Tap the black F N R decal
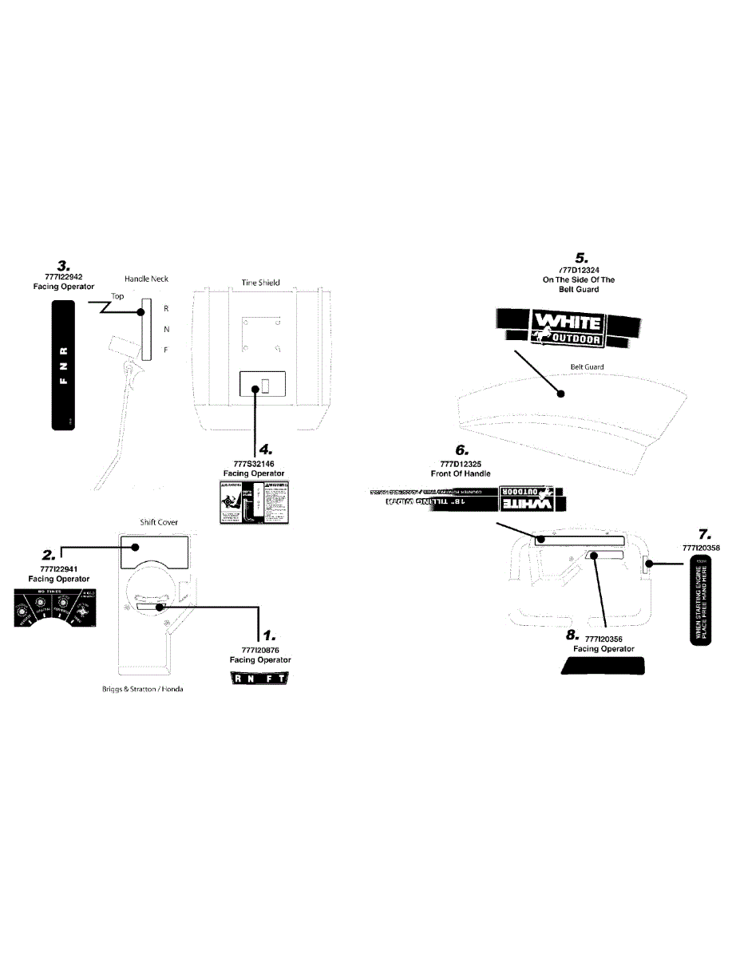(63, 366)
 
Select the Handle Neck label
(146, 279)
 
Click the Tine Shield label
(261, 283)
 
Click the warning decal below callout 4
(252, 502)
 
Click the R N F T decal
(259, 679)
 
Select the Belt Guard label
(587, 367)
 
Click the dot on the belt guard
(560, 394)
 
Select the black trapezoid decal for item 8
(603, 667)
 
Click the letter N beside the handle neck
(165, 329)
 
